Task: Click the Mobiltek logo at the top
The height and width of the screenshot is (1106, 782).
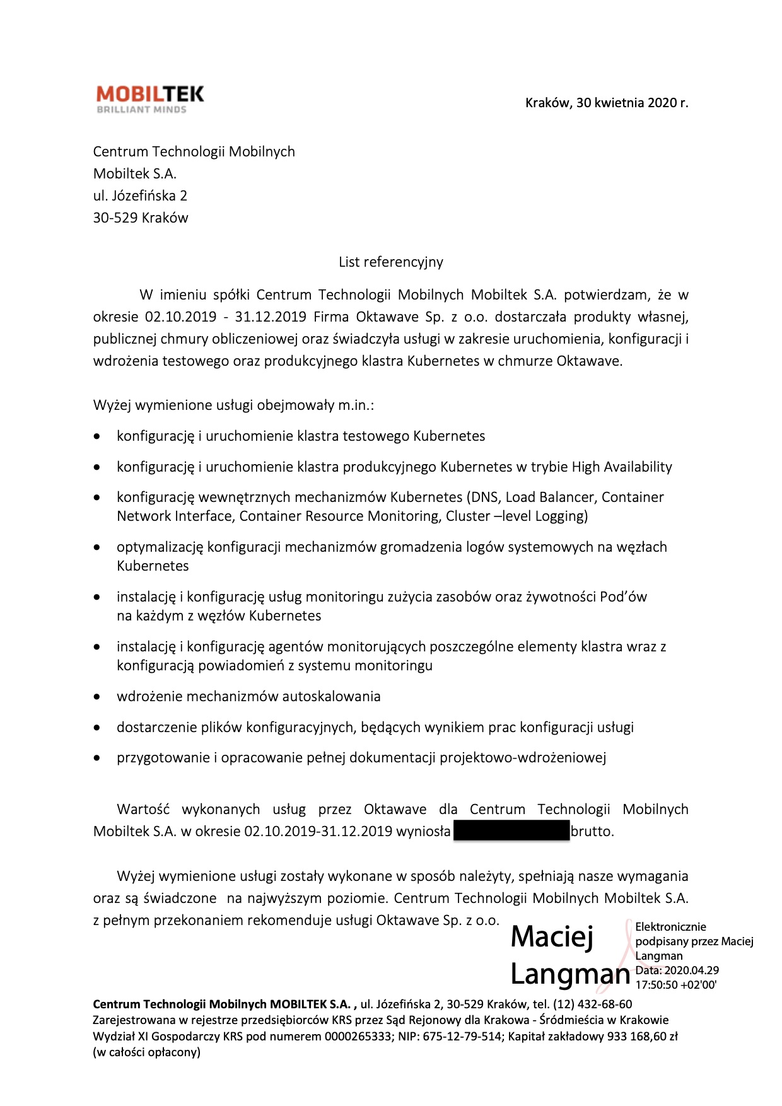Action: point(150,99)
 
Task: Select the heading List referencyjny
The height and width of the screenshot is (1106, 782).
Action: point(390,262)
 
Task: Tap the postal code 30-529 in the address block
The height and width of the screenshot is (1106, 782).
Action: point(115,218)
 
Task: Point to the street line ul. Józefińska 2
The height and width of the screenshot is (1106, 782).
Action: point(140,196)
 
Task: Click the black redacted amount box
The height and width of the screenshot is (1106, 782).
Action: point(511,831)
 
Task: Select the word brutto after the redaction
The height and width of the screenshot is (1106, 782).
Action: point(592,832)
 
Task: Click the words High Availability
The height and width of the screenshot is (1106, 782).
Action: point(622,467)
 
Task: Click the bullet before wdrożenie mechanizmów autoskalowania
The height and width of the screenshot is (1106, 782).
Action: point(96,697)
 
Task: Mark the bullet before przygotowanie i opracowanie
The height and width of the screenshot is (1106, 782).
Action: point(96,759)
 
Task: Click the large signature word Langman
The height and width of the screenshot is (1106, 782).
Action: point(569,974)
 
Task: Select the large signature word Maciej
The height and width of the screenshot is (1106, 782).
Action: point(552,937)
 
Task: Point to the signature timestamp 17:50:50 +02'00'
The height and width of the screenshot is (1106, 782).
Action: point(675,985)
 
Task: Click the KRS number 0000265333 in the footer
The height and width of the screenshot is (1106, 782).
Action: point(358,1036)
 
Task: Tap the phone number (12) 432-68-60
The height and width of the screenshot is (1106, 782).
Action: point(592,1004)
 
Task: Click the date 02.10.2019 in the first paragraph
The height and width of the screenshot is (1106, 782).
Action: point(180,317)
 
